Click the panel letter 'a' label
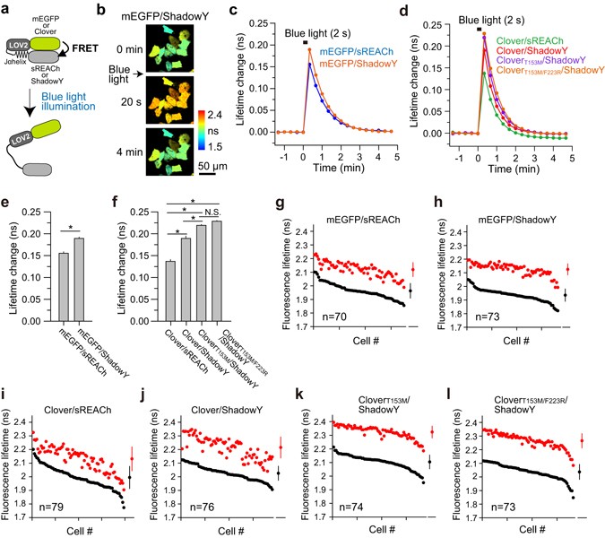tap(8, 9)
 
